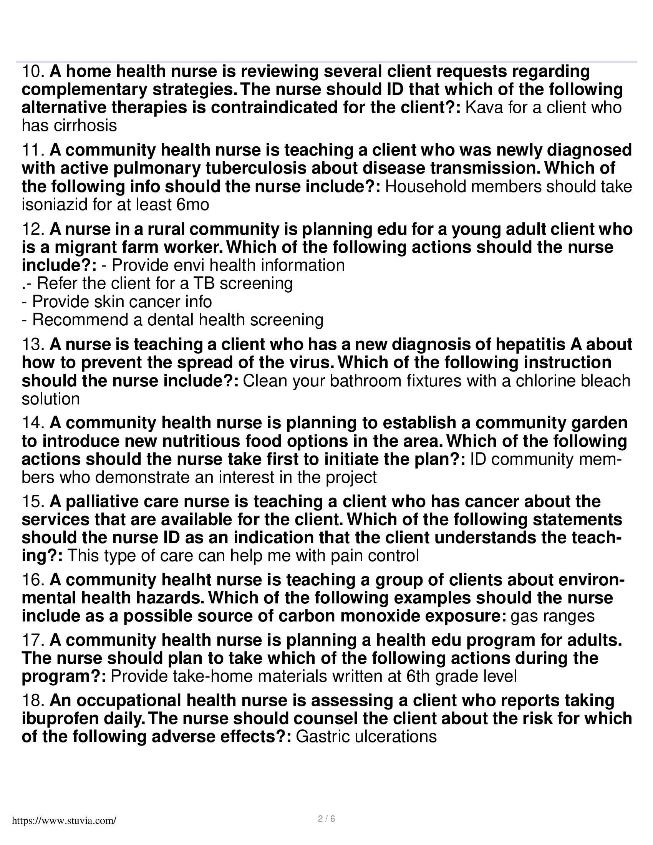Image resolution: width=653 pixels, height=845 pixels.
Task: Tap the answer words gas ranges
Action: (x=552, y=616)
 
